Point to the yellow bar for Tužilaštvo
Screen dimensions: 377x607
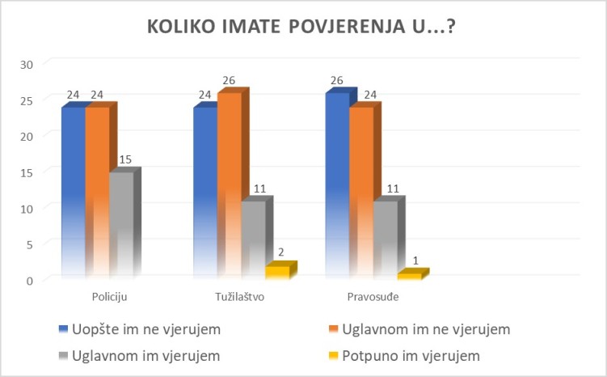pos(277,272)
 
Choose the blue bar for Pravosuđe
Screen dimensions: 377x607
pos(337,186)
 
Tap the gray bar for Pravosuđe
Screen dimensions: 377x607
pos(386,239)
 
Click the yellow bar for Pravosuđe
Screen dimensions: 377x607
pos(409,276)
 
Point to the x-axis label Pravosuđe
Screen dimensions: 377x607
pos(373,296)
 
